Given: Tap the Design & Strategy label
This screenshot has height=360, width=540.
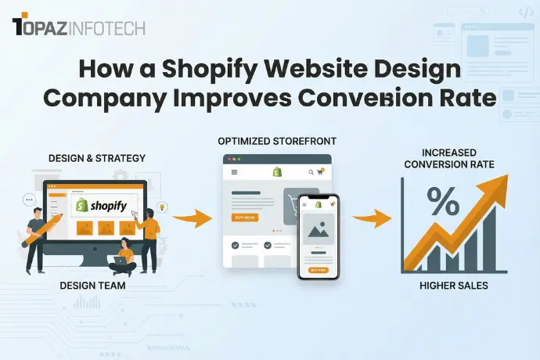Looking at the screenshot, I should [96, 158].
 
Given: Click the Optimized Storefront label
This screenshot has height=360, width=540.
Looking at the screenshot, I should [275, 141].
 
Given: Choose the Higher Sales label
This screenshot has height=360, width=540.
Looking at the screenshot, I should [454, 286].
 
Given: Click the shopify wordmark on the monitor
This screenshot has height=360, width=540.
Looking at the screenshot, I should [97, 205].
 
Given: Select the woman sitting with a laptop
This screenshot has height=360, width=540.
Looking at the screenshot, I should [123, 257].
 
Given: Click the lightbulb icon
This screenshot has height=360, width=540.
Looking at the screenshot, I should [162, 207].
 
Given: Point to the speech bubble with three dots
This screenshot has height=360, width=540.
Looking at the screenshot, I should [31, 200].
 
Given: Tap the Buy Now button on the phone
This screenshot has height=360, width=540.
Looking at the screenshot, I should [319, 269].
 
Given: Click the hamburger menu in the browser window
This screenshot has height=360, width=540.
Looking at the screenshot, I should [234, 171].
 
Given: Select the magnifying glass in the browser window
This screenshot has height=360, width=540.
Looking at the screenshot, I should [311, 171].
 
